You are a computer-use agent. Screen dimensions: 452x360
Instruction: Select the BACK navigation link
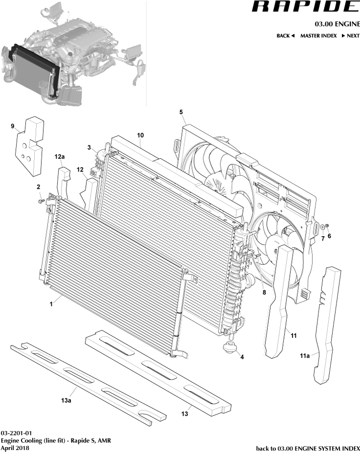(285, 36)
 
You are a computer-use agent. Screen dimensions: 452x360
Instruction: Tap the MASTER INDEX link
(318, 36)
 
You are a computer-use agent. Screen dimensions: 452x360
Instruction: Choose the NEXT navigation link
(350, 36)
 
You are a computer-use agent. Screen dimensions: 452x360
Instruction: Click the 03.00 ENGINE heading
(336, 24)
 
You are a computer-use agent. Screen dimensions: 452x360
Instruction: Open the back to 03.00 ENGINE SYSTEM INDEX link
(308, 448)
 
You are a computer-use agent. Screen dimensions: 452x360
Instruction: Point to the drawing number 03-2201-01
(16, 433)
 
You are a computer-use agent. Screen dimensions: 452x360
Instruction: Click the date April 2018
(15, 448)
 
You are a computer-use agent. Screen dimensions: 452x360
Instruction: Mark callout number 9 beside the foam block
(13, 126)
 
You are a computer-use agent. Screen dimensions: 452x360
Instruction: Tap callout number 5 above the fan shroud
(181, 112)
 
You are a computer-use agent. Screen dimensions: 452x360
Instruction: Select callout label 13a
(66, 400)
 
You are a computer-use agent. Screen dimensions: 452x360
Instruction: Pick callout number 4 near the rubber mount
(242, 357)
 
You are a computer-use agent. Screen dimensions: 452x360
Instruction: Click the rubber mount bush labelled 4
(229, 349)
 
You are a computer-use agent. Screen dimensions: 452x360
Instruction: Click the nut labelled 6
(328, 225)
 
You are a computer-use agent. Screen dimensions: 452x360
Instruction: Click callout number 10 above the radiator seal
(140, 134)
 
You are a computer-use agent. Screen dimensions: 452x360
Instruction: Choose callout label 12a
(60, 157)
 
